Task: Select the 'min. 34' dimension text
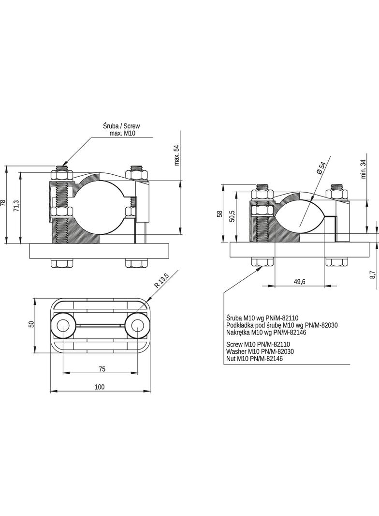(364, 168)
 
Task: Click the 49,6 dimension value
(299, 282)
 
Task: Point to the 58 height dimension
(220, 213)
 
